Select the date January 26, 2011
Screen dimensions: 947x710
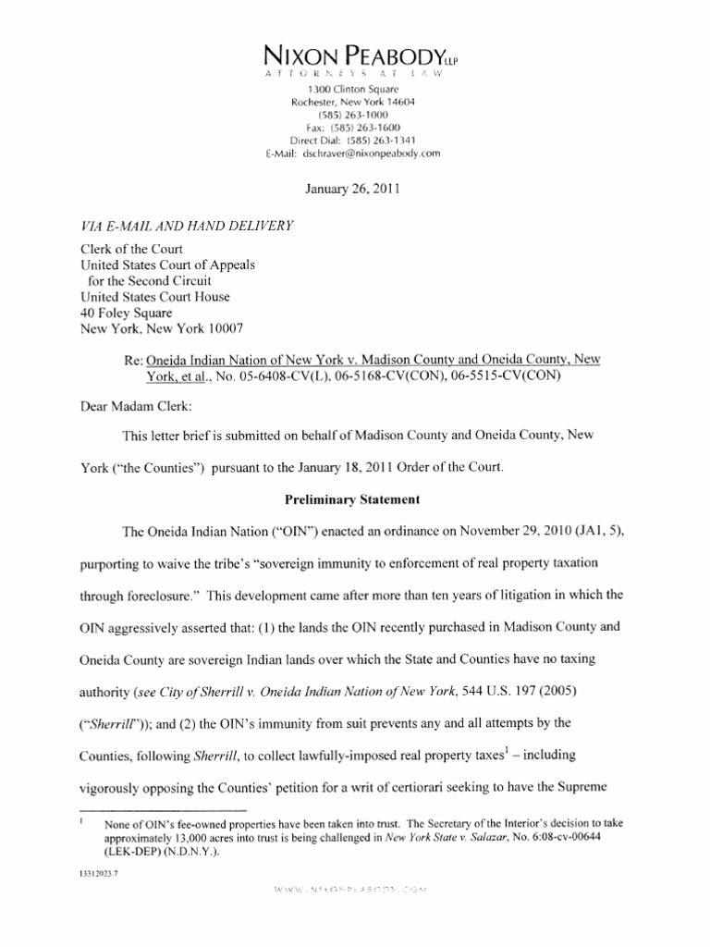coord(354,189)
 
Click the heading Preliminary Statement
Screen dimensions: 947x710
coord(354,499)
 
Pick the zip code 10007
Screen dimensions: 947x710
coord(223,330)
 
